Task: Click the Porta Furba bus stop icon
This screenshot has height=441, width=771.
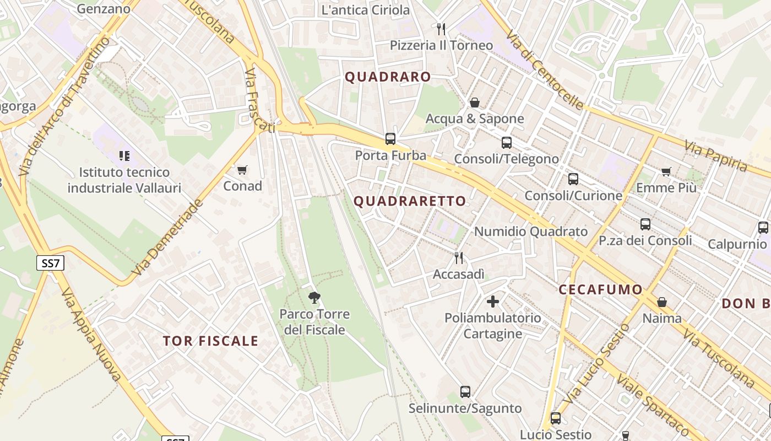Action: tap(390, 138)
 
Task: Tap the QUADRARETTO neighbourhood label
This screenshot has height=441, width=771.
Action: tap(410, 201)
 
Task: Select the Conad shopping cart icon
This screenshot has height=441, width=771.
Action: tap(242, 170)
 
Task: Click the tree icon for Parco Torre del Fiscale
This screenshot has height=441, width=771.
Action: tap(314, 298)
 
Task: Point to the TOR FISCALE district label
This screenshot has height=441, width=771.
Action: tap(210, 341)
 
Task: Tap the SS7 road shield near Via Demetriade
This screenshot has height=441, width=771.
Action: tap(50, 263)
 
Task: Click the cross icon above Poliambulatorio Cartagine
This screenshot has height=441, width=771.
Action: tap(493, 302)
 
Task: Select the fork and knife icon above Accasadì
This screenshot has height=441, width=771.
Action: tap(458, 257)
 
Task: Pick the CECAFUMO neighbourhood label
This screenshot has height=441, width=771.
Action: tap(600, 290)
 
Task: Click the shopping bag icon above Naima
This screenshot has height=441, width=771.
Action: tap(662, 302)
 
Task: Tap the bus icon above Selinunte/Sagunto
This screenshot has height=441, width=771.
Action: tap(465, 392)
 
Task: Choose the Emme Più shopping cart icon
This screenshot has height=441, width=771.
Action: tap(666, 171)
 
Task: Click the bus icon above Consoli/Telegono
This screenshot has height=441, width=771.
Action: tap(507, 143)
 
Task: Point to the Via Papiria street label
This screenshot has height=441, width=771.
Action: tap(716, 156)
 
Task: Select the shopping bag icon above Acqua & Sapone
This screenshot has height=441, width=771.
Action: tap(474, 103)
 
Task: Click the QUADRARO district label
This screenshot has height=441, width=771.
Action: tap(388, 77)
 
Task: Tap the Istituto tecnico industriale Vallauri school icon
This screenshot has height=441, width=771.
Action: tap(124, 156)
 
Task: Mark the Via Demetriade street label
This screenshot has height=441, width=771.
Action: tap(167, 238)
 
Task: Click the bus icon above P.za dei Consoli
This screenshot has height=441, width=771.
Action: tap(645, 224)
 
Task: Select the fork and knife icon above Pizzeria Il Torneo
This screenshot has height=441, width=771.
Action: tap(441, 29)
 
